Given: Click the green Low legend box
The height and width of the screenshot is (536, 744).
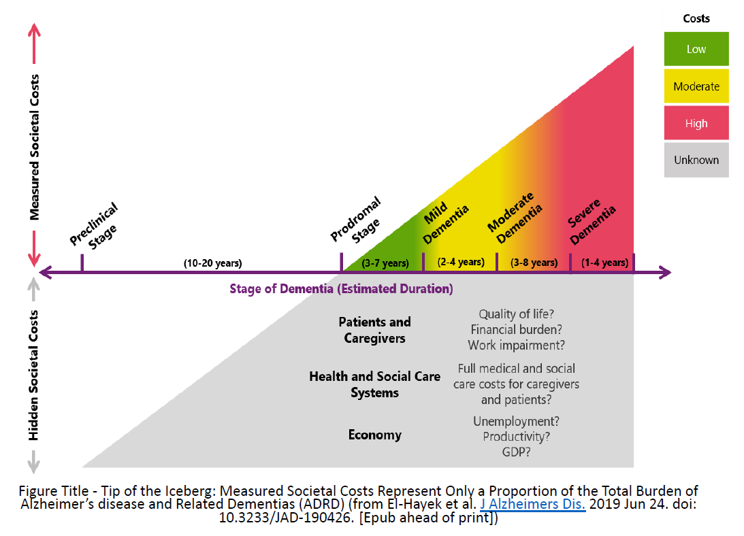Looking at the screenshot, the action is click(x=696, y=49).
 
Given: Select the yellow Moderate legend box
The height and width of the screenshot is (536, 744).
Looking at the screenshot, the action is click(x=696, y=86).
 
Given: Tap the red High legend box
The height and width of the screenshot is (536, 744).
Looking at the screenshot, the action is click(x=696, y=123).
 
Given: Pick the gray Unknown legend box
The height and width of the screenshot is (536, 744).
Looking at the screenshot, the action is click(x=696, y=160).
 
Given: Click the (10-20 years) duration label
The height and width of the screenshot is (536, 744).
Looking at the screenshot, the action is click(x=212, y=263).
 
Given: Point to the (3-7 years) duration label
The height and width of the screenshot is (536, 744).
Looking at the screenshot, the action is click(x=385, y=263).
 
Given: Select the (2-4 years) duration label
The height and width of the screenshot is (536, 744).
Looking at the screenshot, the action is click(x=461, y=263).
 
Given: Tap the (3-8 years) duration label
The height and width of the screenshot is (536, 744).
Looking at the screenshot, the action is click(x=534, y=263).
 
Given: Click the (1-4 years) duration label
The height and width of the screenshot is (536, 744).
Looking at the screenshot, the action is click(x=604, y=263).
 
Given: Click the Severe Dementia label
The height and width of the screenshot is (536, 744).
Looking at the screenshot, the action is click(x=592, y=222).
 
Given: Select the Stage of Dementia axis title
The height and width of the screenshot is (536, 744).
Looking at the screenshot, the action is click(x=341, y=289).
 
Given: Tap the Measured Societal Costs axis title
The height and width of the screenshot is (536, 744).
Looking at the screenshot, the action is click(x=34, y=147).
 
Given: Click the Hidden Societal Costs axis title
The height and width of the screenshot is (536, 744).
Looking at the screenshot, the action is click(x=33, y=375).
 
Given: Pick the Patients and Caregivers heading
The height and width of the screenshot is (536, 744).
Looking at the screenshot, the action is click(x=375, y=330).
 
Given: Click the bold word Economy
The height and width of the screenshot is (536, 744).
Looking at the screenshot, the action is click(x=375, y=435).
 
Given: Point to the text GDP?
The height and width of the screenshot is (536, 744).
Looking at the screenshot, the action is click(x=516, y=452).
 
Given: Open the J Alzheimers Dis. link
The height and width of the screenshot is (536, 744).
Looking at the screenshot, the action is click(x=532, y=504).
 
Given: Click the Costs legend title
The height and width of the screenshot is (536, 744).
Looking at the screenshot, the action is click(x=696, y=18).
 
